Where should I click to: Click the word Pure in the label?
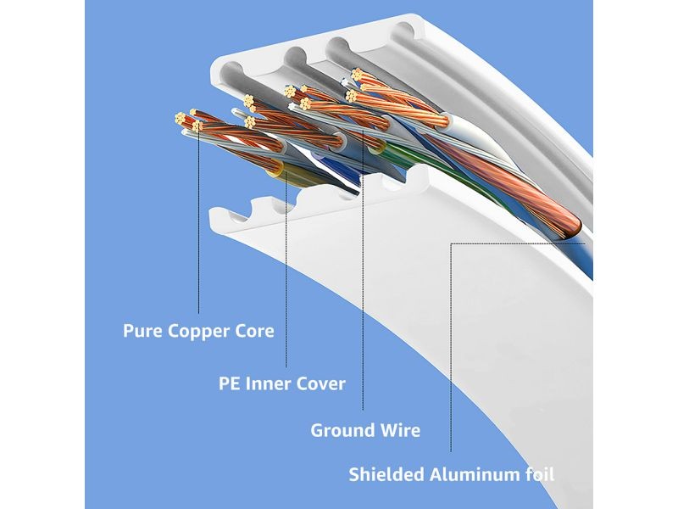[x=142, y=331]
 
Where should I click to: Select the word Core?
[x=253, y=331]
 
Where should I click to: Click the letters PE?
[x=230, y=383]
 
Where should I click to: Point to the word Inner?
[x=269, y=383]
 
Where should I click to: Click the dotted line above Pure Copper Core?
[x=198, y=238]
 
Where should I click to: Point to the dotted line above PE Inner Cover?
[x=286, y=271]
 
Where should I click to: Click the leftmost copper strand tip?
[x=177, y=116]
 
